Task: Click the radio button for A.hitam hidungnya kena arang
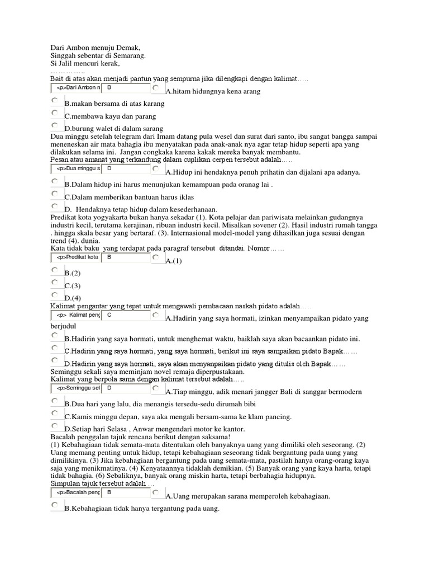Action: (155, 88)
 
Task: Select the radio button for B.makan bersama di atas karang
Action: (55, 101)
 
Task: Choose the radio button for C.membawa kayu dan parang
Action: (55, 113)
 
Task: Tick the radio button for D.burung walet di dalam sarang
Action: (55, 126)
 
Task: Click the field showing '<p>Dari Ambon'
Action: (76, 88)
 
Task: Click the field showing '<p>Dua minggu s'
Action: (76, 168)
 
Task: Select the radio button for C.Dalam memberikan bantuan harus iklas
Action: (55, 194)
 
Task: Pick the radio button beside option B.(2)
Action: (55, 270)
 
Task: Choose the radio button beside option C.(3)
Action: (55, 283)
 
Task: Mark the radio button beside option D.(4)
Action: (55, 295)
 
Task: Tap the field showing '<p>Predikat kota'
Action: (76, 257)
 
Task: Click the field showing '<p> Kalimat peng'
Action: (76, 315)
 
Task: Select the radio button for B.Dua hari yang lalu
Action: (55, 401)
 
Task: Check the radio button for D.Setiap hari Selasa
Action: (55, 426)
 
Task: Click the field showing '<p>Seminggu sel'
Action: (76, 388)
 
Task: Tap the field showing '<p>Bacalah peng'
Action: (76, 492)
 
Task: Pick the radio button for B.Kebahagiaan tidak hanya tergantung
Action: (55, 505)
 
